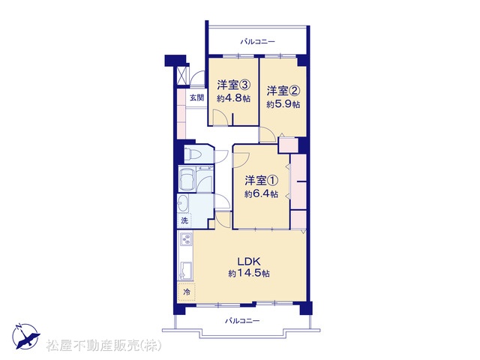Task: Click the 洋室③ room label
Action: click(x=234, y=85)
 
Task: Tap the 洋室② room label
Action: click(x=283, y=91)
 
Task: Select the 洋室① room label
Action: click(x=261, y=181)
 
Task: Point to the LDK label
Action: click(x=249, y=262)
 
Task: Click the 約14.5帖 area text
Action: click(x=249, y=273)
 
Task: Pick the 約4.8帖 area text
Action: click(x=234, y=98)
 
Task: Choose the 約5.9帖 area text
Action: click(x=283, y=104)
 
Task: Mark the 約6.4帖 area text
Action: click(x=261, y=194)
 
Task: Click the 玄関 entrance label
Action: click(x=196, y=98)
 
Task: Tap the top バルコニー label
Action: click(x=258, y=41)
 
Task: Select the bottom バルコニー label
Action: click(x=242, y=321)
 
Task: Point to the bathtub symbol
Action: click(x=187, y=180)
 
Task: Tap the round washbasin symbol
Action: click(x=183, y=203)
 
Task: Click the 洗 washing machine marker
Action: click(x=184, y=220)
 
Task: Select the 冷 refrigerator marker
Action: click(x=187, y=292)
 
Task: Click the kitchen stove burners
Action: click(x=186, y=239)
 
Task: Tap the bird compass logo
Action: click(x=26, y=336)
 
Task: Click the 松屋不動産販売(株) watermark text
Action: click(x=104, y=346)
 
